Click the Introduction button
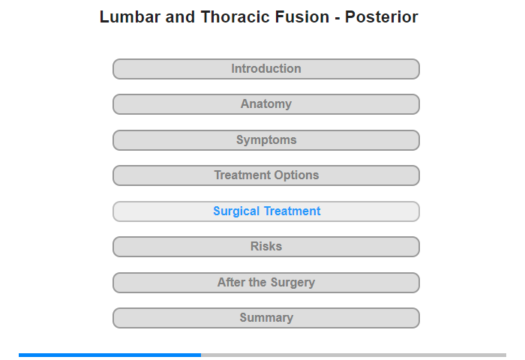(266, 69)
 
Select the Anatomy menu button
(266, 104)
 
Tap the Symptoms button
(266, 140)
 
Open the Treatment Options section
(266, 175)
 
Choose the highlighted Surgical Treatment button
(266, 211)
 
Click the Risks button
(266, 247)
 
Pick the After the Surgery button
(266, 283)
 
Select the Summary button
(266, 318)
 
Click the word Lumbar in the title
(130, 16)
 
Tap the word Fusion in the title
(302, 16)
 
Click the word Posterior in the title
(382, 16)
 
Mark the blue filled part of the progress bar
(109, 355)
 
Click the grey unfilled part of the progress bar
(353, 355)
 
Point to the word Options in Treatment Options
(295, 175)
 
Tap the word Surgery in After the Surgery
(292, 283)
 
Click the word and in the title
(180, 16)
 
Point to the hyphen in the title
(337, 18)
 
